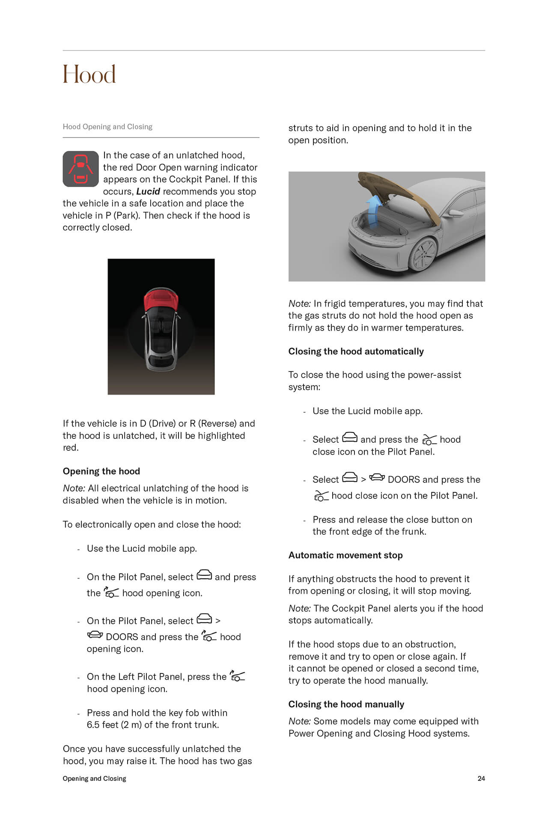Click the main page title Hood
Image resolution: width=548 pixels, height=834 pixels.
coord(89,74)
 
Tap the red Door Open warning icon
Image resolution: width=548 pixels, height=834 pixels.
coord(80,169)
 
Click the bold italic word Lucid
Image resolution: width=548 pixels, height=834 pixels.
coord(148,191)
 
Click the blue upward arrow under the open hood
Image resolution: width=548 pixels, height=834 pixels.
coord(373,210)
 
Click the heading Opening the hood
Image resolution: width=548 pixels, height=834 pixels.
coord(101,471)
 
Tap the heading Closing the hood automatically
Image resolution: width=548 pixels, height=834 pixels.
coord(356,351)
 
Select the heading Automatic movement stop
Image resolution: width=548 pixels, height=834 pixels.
coord(345,555)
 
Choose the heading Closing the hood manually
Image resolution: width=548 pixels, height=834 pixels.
coord(346,704)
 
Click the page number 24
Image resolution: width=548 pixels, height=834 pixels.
coord(481,778)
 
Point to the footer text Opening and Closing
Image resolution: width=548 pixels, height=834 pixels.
coord(94,778)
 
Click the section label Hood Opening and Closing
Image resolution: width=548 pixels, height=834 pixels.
coord(107,127)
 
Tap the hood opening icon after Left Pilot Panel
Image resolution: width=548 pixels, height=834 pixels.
coord(237,676)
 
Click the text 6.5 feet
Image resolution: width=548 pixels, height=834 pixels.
coord(102,724)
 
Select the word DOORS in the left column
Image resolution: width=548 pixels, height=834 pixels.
coord(122,637)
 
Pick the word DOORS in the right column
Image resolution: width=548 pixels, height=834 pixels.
coord(404,480)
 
